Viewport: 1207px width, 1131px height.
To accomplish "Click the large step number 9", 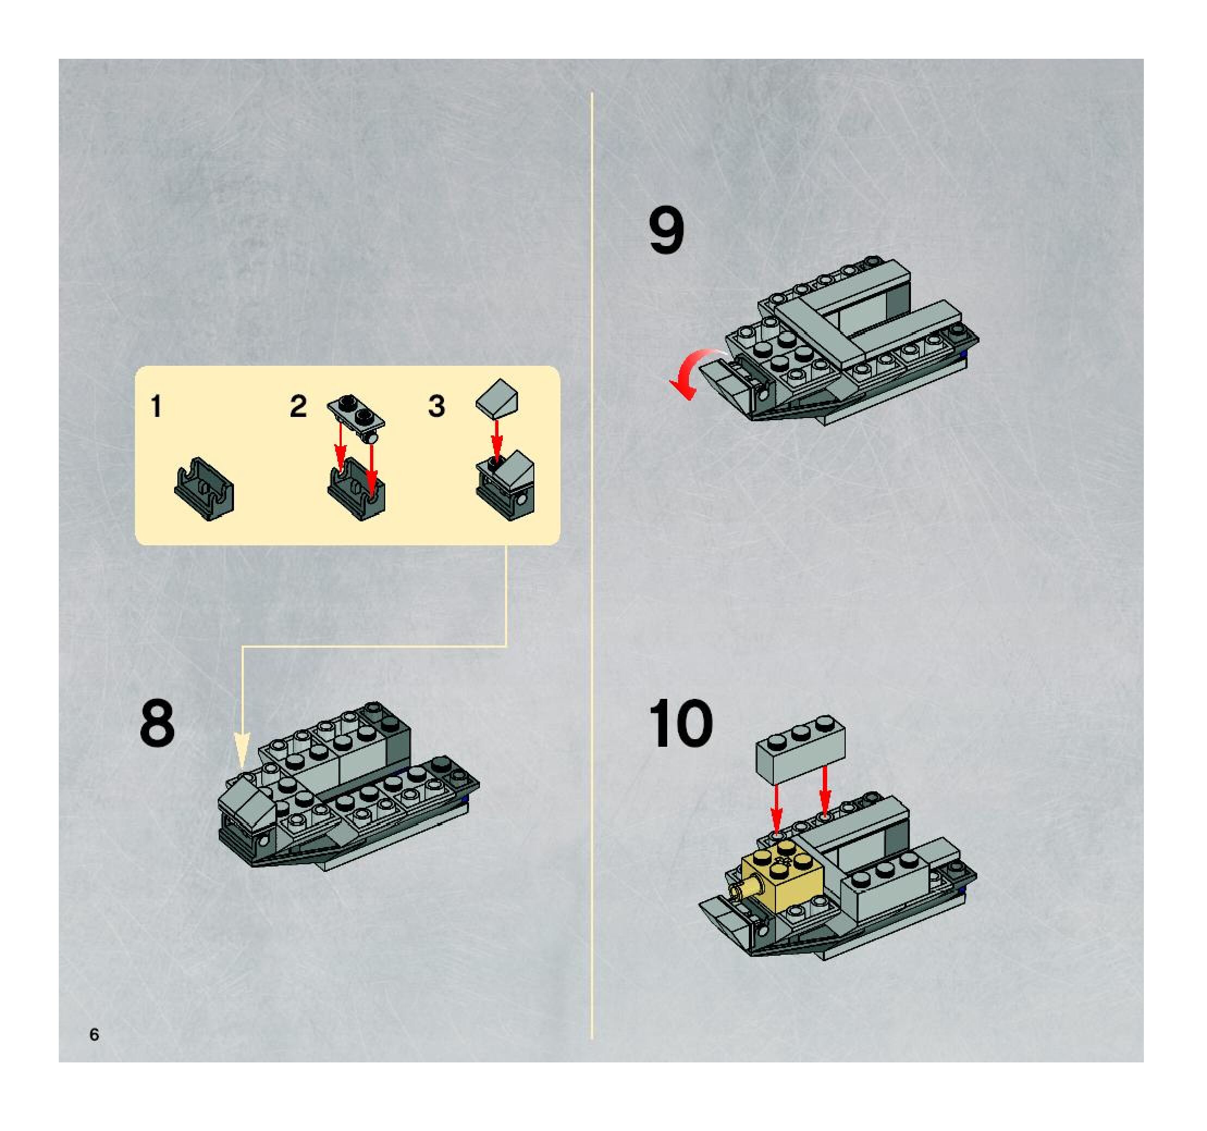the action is (666, 230).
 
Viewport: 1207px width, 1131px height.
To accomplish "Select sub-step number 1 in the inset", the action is (157, 406).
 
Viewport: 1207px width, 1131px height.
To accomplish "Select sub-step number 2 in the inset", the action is (298, 406).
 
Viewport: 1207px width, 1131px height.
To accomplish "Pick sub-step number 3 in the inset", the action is (436, 406).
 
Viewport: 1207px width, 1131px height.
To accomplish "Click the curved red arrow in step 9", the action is (692, 370).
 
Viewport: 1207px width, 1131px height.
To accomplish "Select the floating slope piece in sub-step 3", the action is (498, 398).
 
